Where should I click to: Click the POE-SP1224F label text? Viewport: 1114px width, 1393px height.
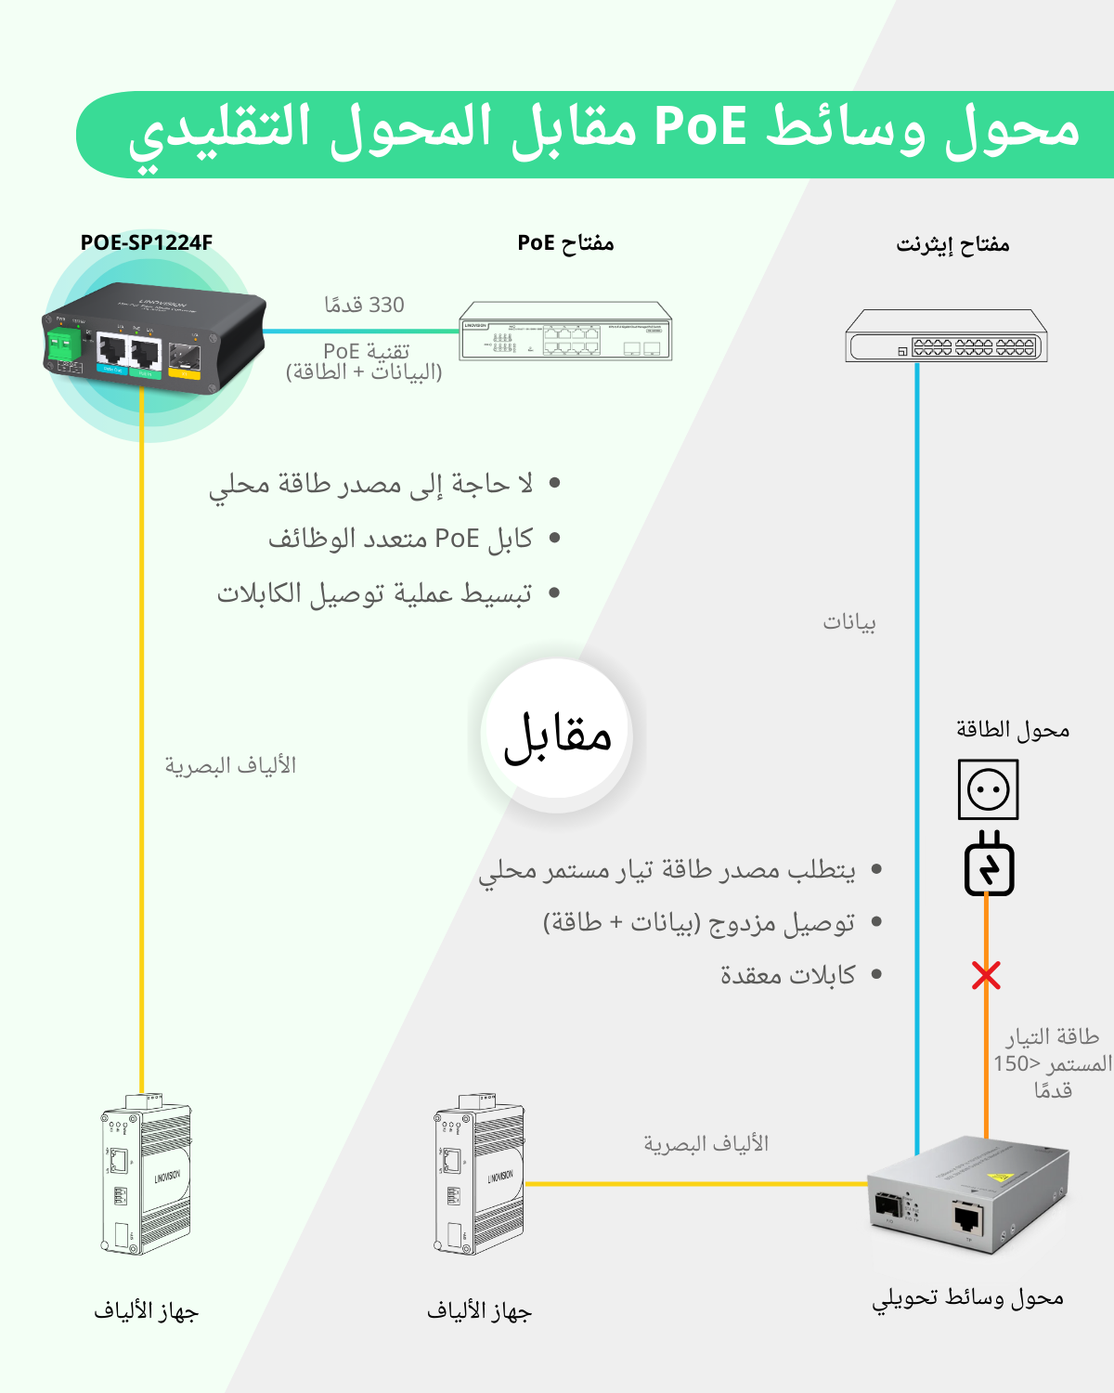point(147,242)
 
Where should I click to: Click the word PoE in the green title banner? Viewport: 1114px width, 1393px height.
point(701,127)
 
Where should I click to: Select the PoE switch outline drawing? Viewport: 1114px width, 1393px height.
point(565,332)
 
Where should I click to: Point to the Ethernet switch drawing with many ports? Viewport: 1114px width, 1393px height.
point(946,336)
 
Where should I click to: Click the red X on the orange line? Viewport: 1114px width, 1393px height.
point(986,975)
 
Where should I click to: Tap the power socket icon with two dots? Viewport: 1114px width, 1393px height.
point(988,789)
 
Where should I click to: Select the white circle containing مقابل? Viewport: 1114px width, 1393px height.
point(557,734)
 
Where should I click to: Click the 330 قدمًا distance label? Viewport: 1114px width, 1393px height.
point(364,305)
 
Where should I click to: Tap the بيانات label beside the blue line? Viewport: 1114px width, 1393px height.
point(849,622)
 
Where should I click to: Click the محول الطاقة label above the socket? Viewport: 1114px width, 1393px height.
point(1013,730)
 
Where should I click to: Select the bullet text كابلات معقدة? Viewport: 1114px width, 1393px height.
point(788,975)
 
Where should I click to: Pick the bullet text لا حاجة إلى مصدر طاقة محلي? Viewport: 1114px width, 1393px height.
point(371,484)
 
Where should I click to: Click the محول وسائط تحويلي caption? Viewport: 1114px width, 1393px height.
point(967,1298)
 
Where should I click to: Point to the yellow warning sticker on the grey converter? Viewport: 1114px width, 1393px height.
point(1001,1176)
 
